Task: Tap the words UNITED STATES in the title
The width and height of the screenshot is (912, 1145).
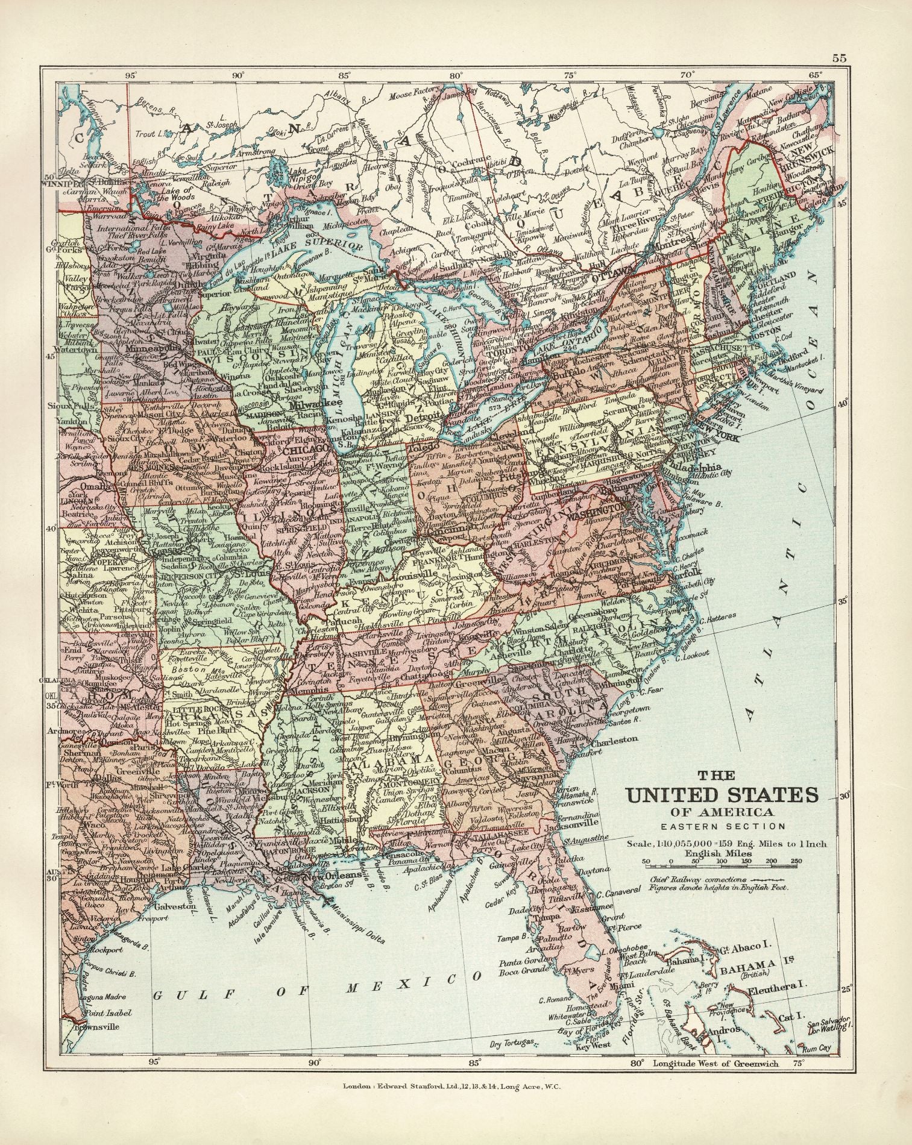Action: (x=723, y=794)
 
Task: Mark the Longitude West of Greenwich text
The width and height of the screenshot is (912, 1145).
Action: (x=715, y=1064)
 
